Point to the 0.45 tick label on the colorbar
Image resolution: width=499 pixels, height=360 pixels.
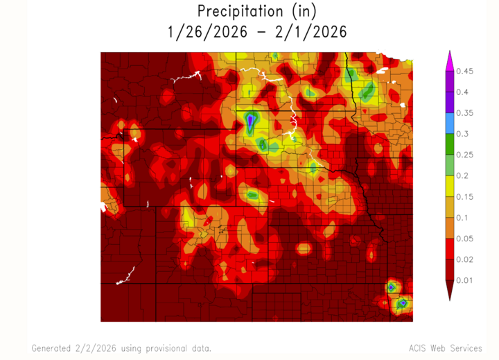(x=466, y=71)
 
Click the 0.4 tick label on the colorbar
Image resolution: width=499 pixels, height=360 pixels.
(x=463, y=92)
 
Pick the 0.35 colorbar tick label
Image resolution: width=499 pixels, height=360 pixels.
(x=466, y=112)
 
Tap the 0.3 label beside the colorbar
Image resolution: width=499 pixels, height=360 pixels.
(x=463, y=133)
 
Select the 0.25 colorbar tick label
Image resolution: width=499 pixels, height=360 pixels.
(x=466, y=154)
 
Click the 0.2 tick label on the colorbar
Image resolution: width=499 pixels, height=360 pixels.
(x=463, y=175)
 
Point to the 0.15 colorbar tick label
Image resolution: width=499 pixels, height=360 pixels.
(x=466, y=196)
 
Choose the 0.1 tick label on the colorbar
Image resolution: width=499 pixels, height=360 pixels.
(x=463, y=217)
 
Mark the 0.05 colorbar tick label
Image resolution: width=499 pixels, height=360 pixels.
(x=466, y=238)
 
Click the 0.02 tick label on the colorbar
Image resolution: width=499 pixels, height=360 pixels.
(x=466, y=259)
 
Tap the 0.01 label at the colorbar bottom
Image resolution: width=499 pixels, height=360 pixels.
(x=466, y=280)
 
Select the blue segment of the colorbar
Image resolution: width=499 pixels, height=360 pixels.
(x=449, y=123)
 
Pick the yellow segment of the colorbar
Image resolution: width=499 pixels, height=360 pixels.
(x=449, y=186)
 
